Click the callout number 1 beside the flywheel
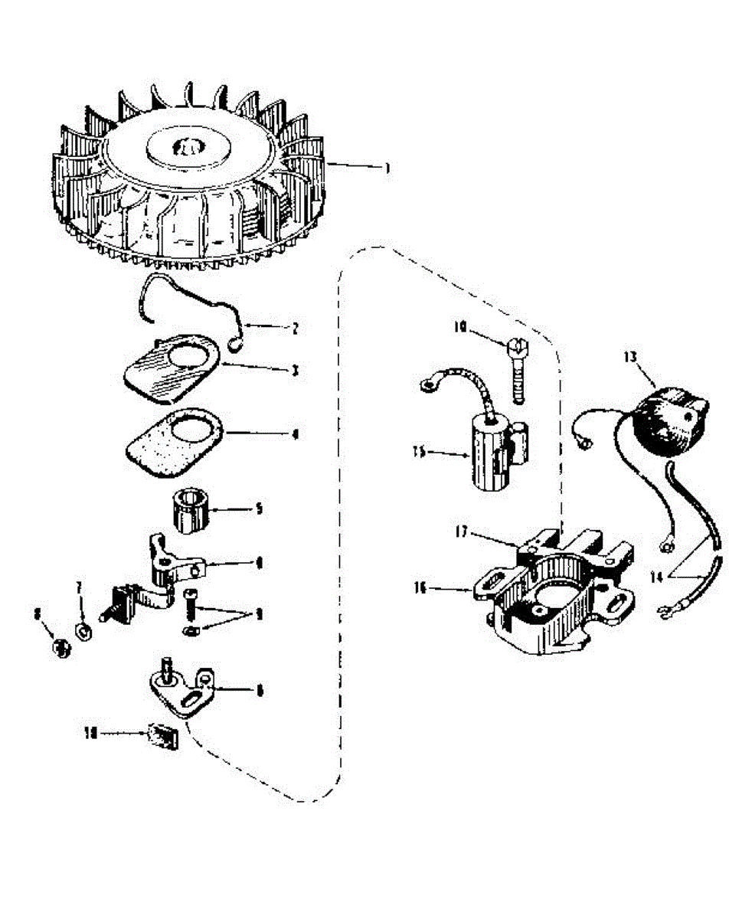click(387, 168)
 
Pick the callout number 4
click(296, 433)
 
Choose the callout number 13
click(629, 356)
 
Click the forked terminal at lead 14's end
click(663, 611)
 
